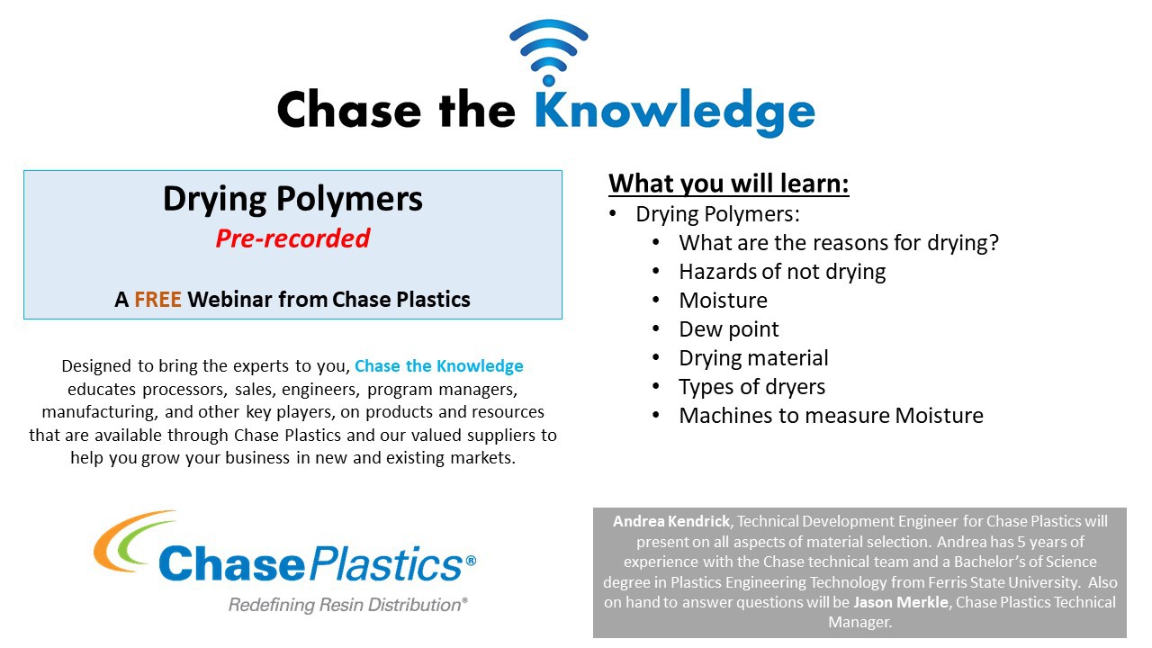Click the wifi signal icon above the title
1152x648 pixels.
(549, 51)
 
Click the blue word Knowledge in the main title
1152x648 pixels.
(675, 112)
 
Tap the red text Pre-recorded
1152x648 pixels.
(292, 238)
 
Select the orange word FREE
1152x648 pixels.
(157, 300)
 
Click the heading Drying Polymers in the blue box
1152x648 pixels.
(292, 200)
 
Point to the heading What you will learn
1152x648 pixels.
(729, 184)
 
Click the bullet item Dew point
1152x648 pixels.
(729, 329)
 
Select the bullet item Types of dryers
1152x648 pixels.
(751, 387)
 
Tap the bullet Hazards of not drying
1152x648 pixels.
(782, 272)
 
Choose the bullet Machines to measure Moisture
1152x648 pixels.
(831, 416)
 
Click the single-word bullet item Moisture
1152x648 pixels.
(723, 301)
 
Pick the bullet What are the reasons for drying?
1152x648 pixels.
(839, 243)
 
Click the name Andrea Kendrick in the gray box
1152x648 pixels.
(671, 521)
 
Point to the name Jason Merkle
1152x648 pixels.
(901, 602)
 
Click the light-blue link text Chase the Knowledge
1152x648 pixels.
(438, 365)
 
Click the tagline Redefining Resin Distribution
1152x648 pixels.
(348, 605)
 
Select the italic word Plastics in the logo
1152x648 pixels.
(387, 564)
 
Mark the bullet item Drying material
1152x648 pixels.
(753, 358)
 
